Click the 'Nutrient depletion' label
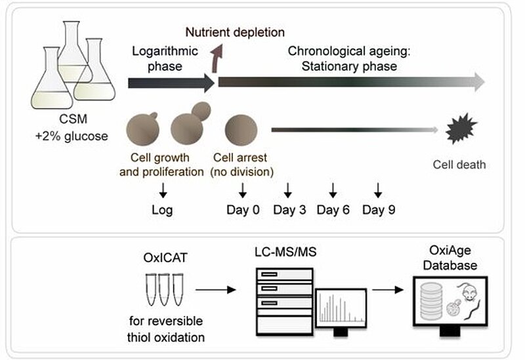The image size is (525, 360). tap(235, 32)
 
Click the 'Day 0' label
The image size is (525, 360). tap(243, 210)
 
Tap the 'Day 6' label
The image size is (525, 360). tap(333, 210)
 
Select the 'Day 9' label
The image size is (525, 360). tap(378, 210)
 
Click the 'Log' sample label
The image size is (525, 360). tap(163, 210)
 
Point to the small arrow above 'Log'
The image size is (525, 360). tap(163, 190)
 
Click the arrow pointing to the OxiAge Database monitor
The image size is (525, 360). tap(390, 289)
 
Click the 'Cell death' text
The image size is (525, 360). tap(459, 164)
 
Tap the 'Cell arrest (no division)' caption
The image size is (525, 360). tap(242, 164)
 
